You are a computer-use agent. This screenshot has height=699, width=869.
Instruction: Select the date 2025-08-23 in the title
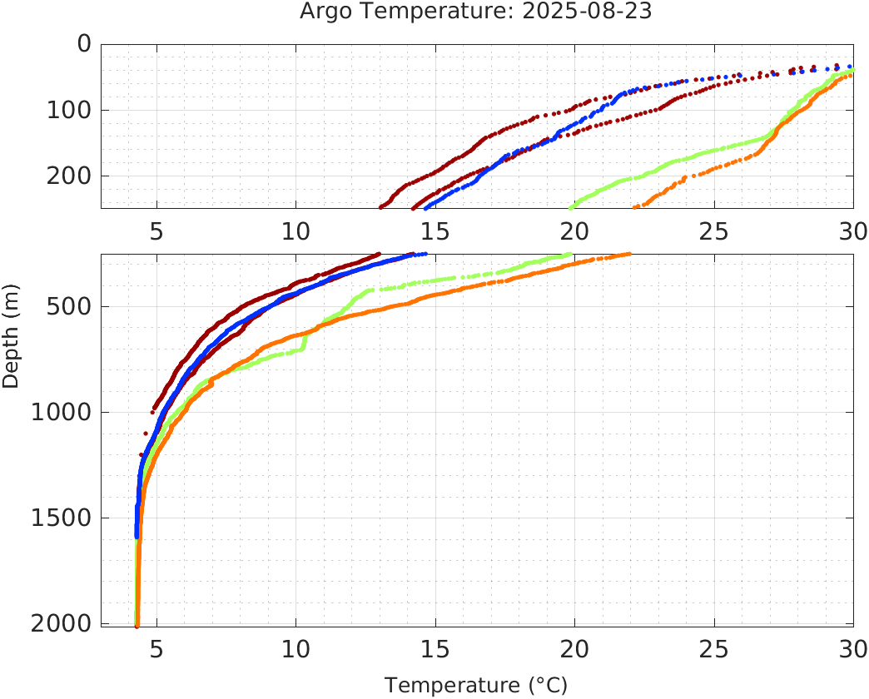pyautogui.click(x=601, y=12)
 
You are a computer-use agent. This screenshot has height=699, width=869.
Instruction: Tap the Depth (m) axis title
pyautogui.click(x=11, y=344)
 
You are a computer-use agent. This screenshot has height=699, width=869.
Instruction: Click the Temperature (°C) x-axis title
pyautogui.click(x=476, y=686)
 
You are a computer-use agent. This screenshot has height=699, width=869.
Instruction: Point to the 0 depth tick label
pyautogui.click(x=84, y=43)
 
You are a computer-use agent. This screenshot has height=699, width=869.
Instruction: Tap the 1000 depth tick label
pyautogui.click(x=61, y=412)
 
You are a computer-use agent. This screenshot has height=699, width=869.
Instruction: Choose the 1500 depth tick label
pyautogui.click(x=61, y=518)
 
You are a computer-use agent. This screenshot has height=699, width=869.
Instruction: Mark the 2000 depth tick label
pyautogui.click(x=61, y=623)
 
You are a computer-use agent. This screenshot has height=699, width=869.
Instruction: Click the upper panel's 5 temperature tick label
pyautogui.click(x=156, y=231)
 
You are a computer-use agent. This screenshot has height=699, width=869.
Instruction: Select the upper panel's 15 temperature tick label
pyautogui.click(x=434, y=231)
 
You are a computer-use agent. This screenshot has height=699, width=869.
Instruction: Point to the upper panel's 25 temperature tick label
pyautogui.click(x=713, y=231)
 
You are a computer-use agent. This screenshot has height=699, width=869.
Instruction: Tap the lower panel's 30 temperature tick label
pyautogui.click(x=852, y=648)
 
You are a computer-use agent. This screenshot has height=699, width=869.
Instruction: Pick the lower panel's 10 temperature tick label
pyautogui.click(x=295, y=648)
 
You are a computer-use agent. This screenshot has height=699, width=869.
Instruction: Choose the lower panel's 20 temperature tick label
pyautogui.click(x=574, y=648)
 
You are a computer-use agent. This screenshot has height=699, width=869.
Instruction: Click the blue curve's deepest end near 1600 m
pyautogui.click(x=137, y=536)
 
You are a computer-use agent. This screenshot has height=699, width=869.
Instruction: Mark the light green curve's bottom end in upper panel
pyautogui.click(x=570, y=207)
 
